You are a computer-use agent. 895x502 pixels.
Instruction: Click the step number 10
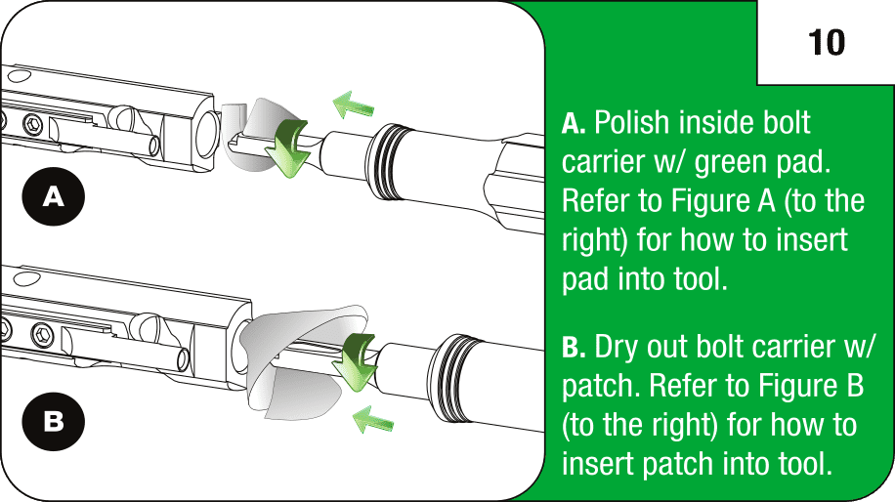826,42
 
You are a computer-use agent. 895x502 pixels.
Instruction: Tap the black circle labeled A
55,197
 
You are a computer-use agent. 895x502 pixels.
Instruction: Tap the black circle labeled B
55,421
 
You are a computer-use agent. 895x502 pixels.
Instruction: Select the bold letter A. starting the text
574,125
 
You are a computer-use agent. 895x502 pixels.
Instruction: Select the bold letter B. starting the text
574,348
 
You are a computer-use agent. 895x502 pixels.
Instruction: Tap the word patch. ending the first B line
597,387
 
